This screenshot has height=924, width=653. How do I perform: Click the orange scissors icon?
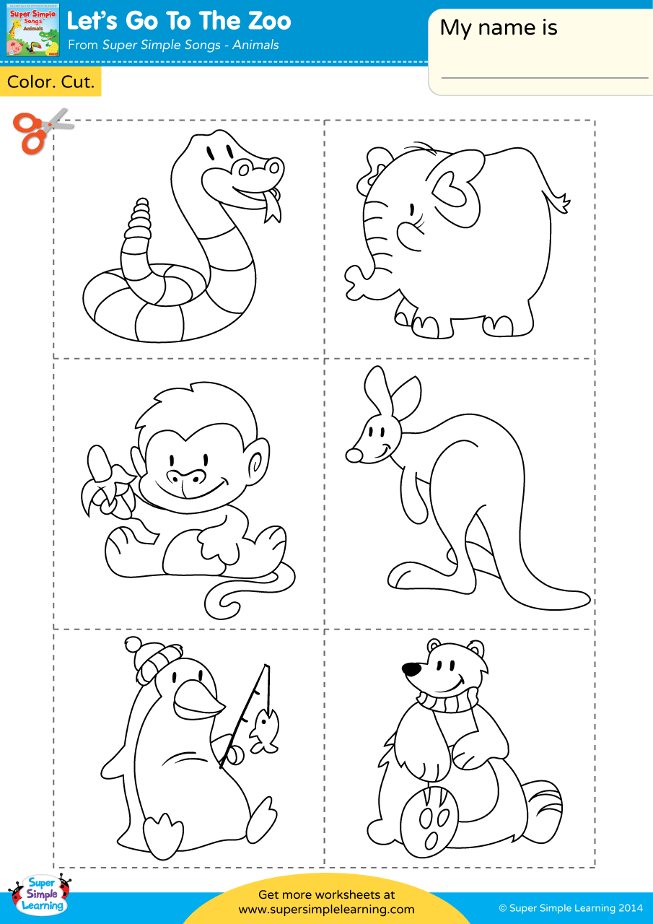36,131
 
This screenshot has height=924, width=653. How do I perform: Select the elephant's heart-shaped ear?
455,188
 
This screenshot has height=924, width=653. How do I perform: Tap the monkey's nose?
185,476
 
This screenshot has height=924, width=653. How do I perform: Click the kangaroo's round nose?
354,456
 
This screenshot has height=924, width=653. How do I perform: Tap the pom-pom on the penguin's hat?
133,645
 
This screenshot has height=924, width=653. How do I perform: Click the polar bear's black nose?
411,669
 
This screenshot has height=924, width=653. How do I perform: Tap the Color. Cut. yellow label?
51,82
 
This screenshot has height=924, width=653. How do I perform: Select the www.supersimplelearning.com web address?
326,910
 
